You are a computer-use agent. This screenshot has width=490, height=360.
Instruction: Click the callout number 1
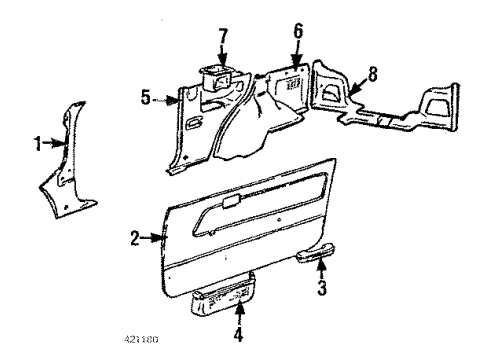tap(38, 144)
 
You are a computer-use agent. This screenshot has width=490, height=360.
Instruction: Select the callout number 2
tap(134, 236)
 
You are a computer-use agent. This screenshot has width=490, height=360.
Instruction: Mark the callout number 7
tap(223, 36)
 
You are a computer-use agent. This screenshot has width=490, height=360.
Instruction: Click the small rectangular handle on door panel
tap(229, 201)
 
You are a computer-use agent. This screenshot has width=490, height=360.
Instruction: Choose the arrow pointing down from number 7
tap(223, 54)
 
